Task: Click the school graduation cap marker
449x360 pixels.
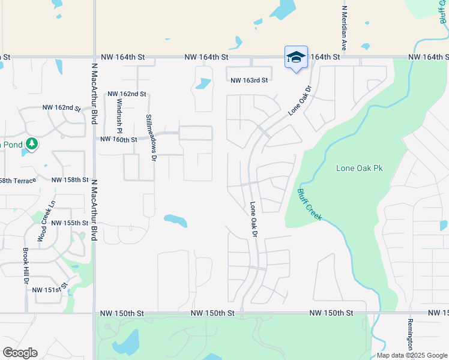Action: pyautogui.click(x=296, y=58)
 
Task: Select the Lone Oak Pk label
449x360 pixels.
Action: pyautogui.click(x=359, y=169)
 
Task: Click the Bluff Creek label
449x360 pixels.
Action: pyautogui.click(x=309, y=205)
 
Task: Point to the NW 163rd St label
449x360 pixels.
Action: pyautogui.click(x=249, y=79)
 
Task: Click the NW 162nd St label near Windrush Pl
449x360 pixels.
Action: pyautogui.click(x=127, y=94)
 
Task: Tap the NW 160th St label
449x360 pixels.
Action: pyautogui.click(x=119, y=139)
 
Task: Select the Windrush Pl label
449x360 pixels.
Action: pyautogui.click(x=119, y=117)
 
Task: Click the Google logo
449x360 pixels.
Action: pyautogui.click(x=20, y=353)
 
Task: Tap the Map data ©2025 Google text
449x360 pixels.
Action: pyautogui.click(x=411, y=355)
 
